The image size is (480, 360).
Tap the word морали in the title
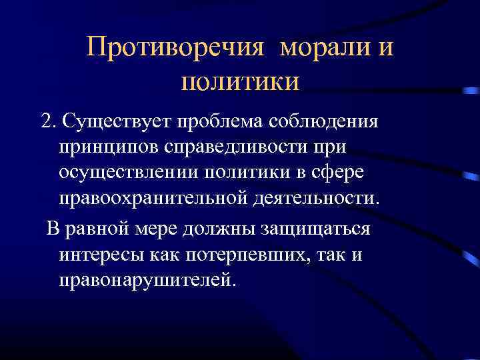pyautogui.click(x=323, y=48)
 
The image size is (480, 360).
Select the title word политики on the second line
pyautogui.click(x=240, y=83)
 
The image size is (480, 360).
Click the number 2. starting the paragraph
pyautogui.click(x=48, y=122)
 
